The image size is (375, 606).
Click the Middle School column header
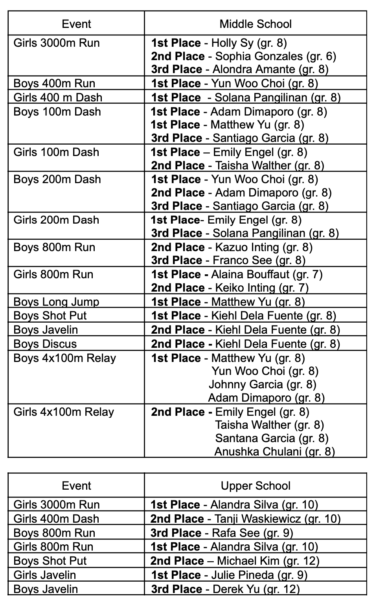coord(256,24)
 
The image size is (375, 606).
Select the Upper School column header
coord(256,486)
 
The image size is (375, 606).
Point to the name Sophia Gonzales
coord(259,56)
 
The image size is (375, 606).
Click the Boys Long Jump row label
coord(56,302)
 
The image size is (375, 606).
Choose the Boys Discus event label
coord(45,344)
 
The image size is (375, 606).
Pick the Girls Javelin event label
coord(44,575)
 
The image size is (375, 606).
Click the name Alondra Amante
coord(254,70)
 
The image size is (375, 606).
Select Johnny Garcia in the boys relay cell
coord(246,384)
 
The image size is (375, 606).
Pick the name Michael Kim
coord(248,561)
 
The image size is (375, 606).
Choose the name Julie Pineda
coord(242,575)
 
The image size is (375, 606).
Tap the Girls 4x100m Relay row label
coord(63,412)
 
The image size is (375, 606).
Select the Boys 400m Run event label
coord(54,83)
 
